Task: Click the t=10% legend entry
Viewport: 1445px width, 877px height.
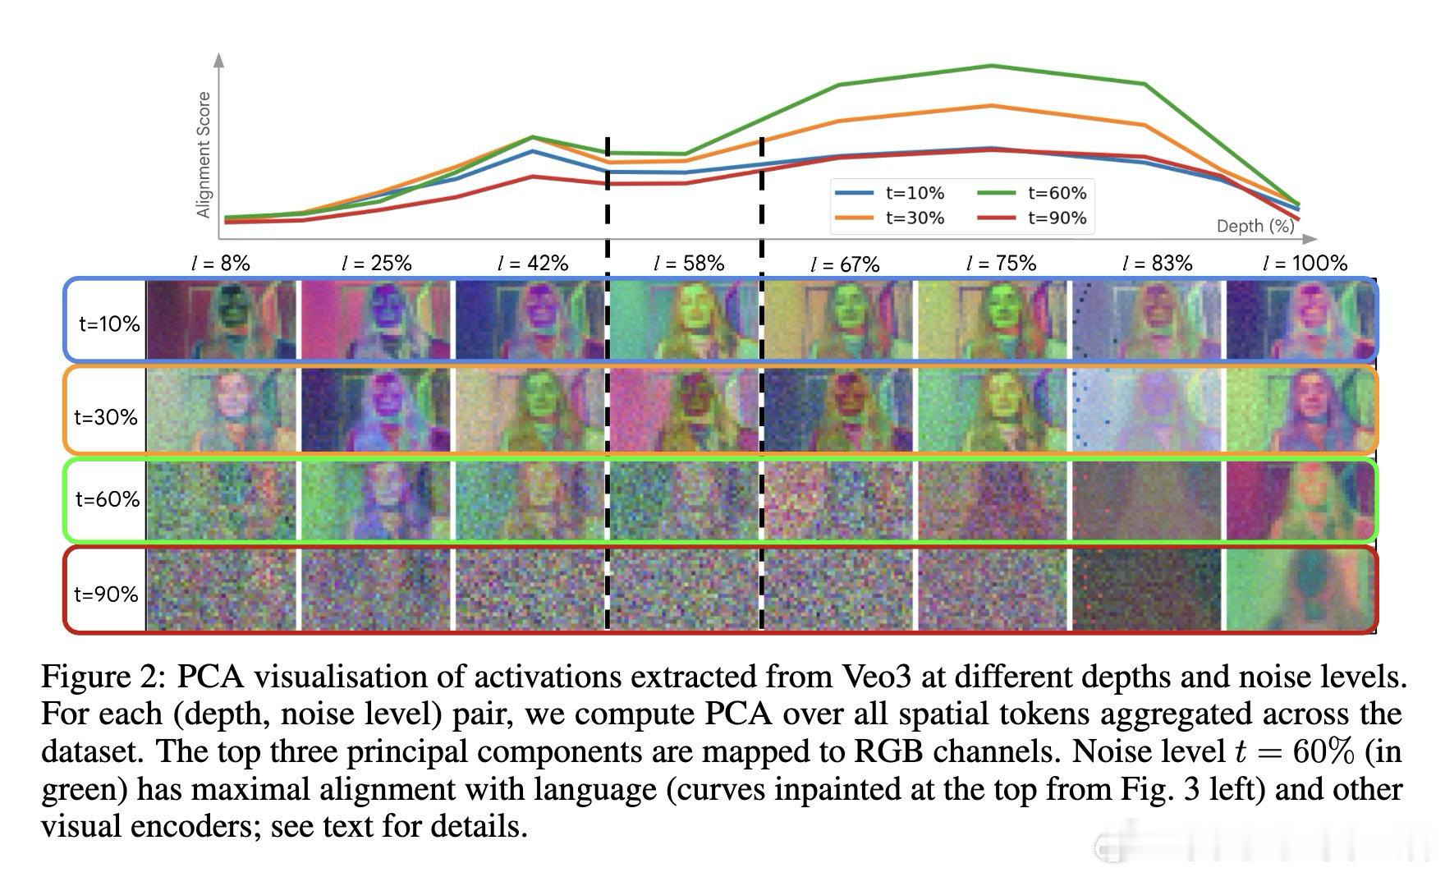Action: (890, 193)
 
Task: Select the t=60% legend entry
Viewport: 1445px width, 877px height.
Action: (1032, 193)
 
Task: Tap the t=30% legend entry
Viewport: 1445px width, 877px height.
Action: (890, 218)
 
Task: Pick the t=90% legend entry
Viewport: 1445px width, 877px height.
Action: (1032, 218)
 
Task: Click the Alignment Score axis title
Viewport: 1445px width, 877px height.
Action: (204, 154)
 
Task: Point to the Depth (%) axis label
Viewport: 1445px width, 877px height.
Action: (1255, 226)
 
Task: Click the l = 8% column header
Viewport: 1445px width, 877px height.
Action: (220, 264)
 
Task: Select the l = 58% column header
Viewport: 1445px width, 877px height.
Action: (689, 264)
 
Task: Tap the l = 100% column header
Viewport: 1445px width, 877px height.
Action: (1305, 264)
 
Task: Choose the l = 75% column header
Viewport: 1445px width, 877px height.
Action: (1001, 264)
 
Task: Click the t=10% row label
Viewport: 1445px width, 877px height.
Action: (109, 324)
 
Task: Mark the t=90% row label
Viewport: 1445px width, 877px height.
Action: (107, 594)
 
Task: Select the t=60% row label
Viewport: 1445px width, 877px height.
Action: (108, 499)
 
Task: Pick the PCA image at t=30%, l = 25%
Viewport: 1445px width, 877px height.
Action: (376, 410)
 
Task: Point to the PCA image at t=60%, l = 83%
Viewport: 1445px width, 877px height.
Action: (1146, 500)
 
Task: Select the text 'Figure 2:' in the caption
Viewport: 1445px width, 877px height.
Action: (104, 677)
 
